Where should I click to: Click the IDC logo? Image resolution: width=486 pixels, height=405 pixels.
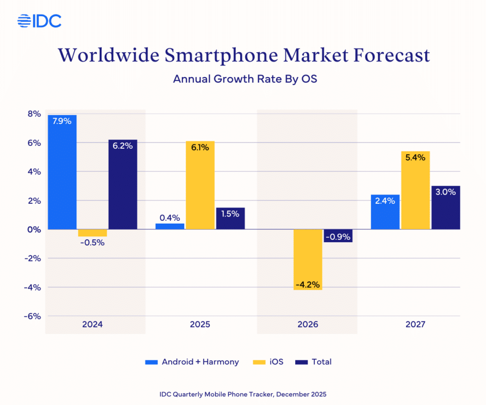39,20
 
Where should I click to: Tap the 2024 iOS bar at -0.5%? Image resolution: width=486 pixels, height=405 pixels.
93,233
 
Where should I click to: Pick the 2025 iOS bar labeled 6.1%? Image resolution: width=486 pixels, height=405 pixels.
200,185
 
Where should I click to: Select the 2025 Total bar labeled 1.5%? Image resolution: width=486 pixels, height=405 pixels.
230,218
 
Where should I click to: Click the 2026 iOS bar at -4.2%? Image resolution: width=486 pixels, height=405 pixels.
308,259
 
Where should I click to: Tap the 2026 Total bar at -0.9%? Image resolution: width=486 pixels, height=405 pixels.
338,235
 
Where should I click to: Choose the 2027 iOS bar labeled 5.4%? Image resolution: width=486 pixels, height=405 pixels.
415,190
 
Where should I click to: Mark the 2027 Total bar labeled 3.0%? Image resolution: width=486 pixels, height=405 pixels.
446,207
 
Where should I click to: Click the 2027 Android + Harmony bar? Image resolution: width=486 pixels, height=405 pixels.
385,212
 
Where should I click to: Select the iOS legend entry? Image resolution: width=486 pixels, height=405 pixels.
269,362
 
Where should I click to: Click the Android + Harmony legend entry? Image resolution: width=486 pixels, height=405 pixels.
192,362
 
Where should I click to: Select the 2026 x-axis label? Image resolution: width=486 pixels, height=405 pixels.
308,325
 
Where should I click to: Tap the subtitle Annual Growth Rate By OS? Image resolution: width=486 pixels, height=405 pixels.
245,79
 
